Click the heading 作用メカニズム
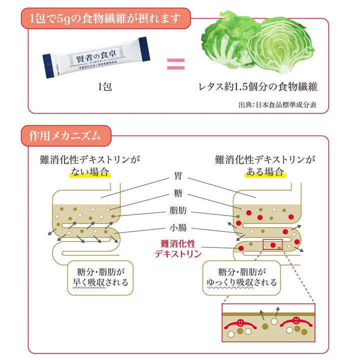[x=65, y=135]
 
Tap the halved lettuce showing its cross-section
[x=284, y=48]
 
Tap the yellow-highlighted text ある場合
[x=265, y=172]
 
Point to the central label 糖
[x=177, y=194]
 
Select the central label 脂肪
[x=177, y=211]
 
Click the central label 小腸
[x=177, y=228]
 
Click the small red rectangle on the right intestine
[x=272, y=244]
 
